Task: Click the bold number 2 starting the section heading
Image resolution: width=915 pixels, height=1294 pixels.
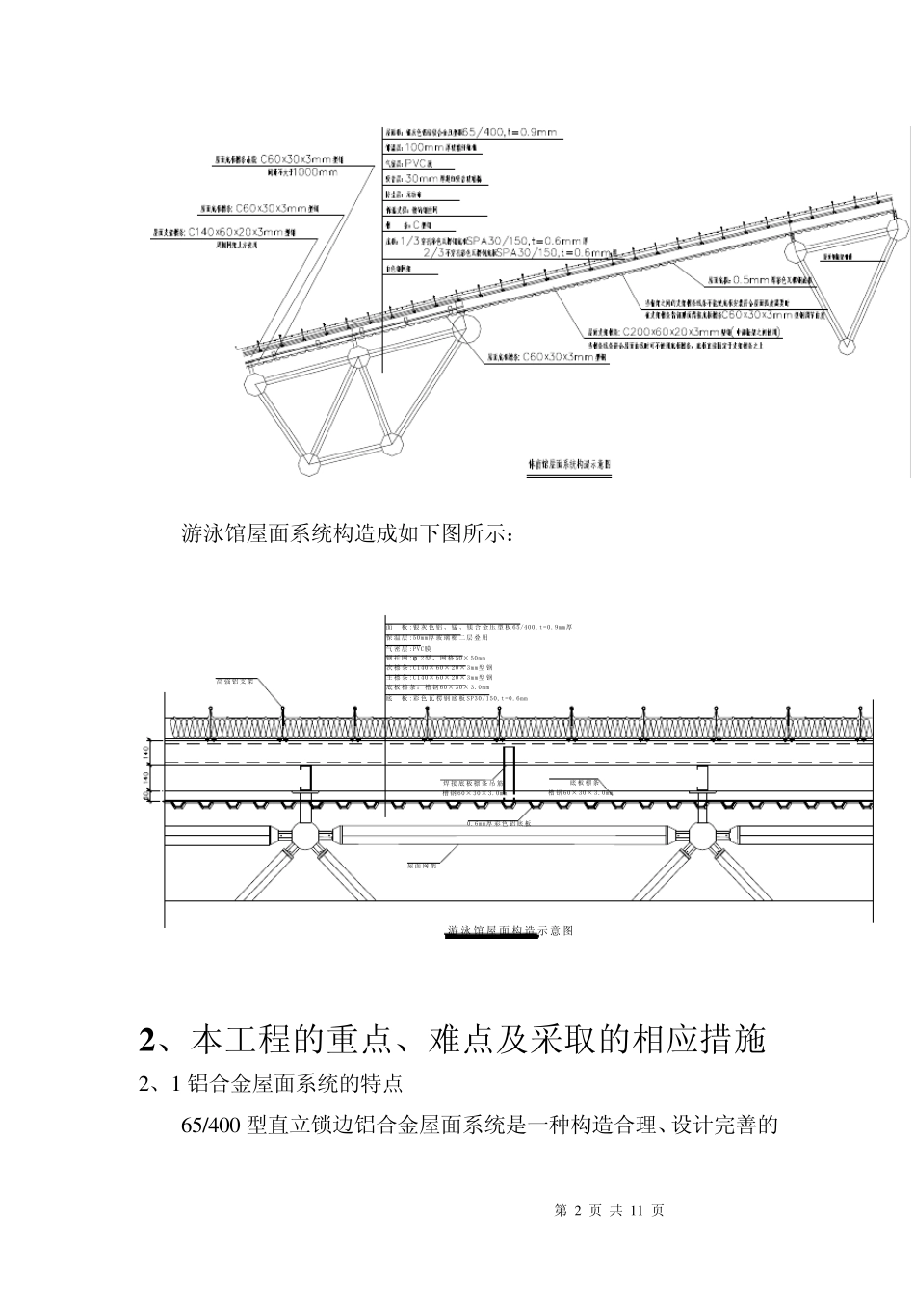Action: point(147,1040)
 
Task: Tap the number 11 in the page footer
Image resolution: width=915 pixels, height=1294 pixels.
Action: point(636,1210)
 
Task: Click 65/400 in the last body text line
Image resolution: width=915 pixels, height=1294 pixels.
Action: point(211,1125)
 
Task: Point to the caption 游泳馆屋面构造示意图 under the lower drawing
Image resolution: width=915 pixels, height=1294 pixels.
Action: point(510,931)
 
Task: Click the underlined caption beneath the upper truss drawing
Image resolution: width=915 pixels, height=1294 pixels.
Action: point(570,465)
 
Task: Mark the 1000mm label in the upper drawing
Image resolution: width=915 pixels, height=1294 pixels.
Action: point(309,172)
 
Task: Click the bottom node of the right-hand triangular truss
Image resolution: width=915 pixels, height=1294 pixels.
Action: point(847,344)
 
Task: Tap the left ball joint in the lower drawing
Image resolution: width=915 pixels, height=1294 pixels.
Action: point(303,834)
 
